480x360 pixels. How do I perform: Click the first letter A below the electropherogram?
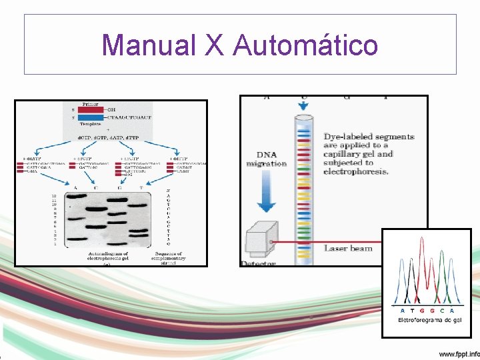[x=402, y=311]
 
